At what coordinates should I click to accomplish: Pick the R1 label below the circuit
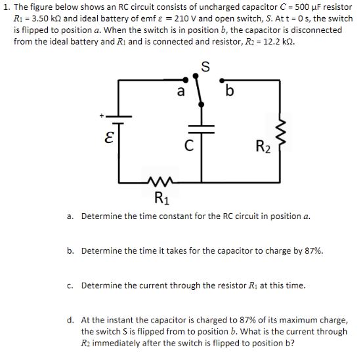point(160,197)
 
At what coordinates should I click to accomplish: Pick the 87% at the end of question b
point(312,250)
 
